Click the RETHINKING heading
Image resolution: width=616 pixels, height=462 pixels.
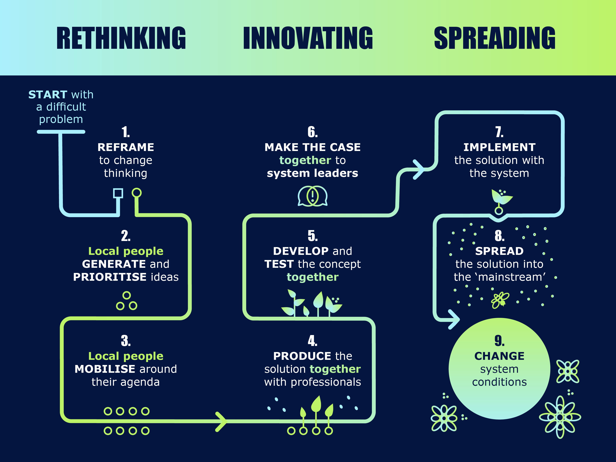click(121, 38)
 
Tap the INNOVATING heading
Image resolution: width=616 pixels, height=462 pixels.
click(308, 38)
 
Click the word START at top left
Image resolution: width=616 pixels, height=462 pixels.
click(48, 95)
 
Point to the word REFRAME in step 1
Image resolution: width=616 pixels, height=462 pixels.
click(126, 147)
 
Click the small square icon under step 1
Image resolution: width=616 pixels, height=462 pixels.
click(118, 193)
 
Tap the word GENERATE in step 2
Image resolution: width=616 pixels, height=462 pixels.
click(114, 264)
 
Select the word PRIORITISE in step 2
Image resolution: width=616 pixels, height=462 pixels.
click(110, 277)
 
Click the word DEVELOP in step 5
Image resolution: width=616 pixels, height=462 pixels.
click(301, 251)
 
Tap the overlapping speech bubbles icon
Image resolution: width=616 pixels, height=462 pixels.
click(313, 196)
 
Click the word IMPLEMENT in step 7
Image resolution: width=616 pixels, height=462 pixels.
click(500, 147)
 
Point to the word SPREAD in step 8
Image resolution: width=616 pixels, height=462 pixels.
click(499, 251)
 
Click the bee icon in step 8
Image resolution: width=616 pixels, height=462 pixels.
click(500, 300)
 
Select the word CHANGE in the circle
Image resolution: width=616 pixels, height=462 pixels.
click(500, 356)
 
